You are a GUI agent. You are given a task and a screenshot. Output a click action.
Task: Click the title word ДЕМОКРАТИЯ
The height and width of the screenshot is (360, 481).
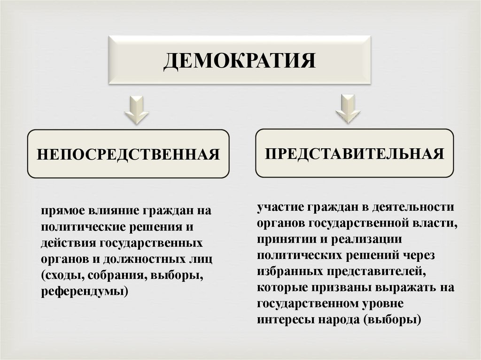click(240, 61)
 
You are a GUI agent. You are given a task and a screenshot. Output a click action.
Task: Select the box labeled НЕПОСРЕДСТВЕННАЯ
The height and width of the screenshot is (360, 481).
click(128, 154)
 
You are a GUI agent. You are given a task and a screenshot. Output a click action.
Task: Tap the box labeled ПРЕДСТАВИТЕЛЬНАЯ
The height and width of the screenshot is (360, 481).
click(354, 153)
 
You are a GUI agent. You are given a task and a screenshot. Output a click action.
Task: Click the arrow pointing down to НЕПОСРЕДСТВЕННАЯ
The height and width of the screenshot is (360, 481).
click(136, 110)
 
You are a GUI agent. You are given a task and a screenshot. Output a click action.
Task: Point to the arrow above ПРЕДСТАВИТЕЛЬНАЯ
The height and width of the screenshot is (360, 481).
click(348, 108)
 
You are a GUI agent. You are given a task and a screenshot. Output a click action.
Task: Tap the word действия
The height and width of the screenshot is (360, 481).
click(68, 243)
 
